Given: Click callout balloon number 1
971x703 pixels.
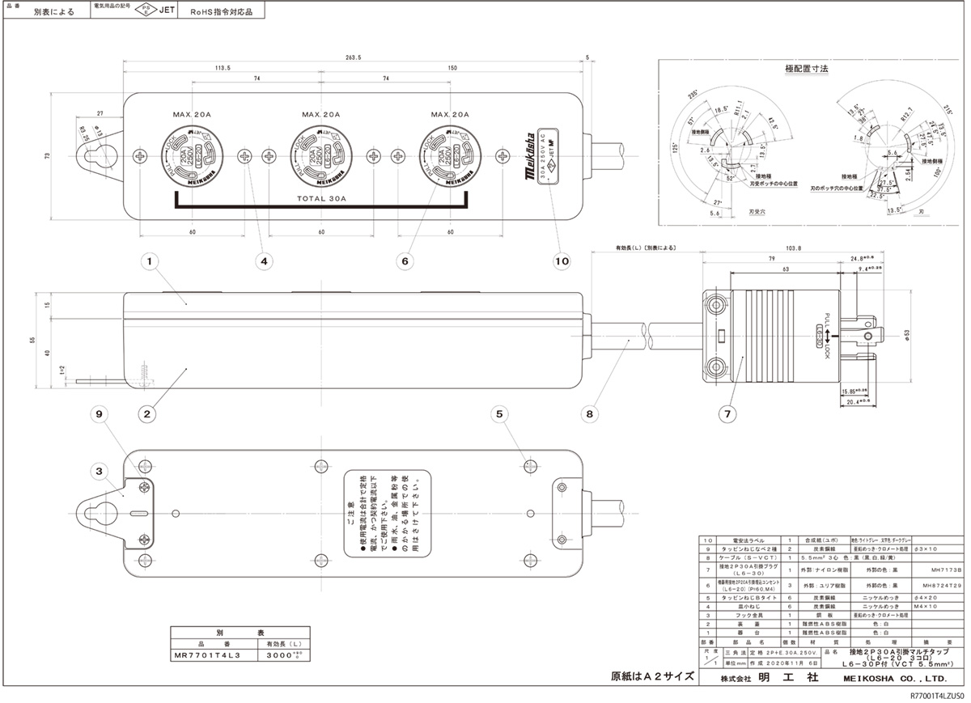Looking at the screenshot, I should [x=150, y=261].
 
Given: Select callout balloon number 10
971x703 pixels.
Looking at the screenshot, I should [x=562, y=261].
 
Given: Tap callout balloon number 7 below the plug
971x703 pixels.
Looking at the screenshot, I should [x=727, y=414].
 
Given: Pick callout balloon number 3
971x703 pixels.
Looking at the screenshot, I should [x=99, y=470].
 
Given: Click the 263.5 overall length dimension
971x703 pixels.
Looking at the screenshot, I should [x=353, y=57].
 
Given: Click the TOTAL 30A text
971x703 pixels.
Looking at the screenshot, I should [x=321, y=197].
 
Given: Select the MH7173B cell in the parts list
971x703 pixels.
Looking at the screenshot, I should [x=941, y=570].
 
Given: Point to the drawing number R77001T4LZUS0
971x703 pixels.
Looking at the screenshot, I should [x=937, y=696].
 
